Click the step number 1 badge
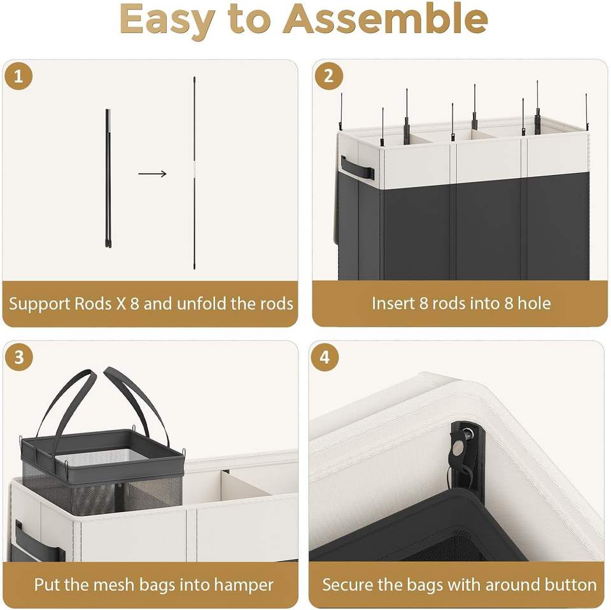point(18,76)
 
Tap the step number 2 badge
point(328,76)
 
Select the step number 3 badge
point(18,357)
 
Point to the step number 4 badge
point(325,357)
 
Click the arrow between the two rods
point(152,174)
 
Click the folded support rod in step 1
point(108,178)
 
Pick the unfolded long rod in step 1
point(195,173)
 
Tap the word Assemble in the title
point(386,19)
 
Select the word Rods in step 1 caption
point(93,303)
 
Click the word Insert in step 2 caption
point(393,303)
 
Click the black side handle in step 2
point(357,168)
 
